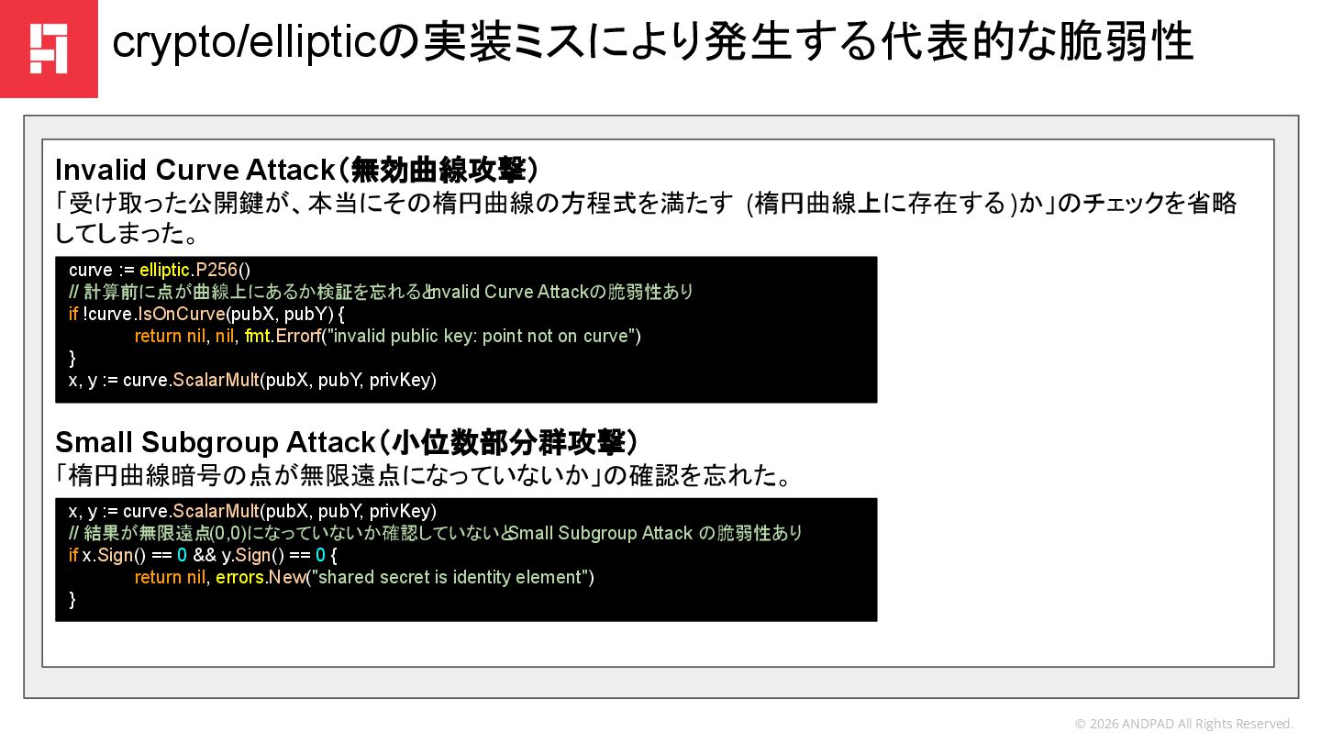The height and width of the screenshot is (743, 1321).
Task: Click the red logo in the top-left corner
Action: pos(49,49)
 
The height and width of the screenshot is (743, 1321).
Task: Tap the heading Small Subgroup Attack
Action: pos(215,442)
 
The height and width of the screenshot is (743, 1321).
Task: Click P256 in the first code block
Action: pos(216,270)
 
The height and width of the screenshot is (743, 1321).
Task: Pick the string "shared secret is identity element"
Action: pos(454,577)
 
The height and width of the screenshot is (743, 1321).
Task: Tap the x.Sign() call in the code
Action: pos(107,555)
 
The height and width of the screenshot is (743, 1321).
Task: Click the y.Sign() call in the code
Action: pos(248,555)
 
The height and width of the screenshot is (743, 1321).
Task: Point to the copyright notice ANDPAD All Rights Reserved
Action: pos(1183,724)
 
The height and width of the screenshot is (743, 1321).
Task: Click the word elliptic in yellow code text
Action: pos(165,270)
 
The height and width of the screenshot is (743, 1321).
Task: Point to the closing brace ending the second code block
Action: pos(73,599)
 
